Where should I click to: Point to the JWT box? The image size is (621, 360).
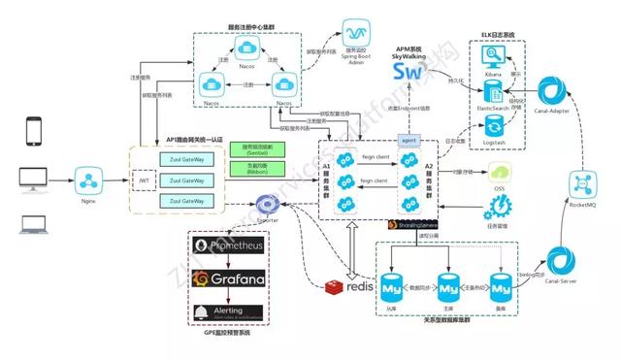pos(144,179)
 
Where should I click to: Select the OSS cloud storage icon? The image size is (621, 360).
pos(501,175)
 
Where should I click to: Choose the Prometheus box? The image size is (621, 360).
pos(232,247)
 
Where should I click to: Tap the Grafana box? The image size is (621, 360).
pos(232,279)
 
